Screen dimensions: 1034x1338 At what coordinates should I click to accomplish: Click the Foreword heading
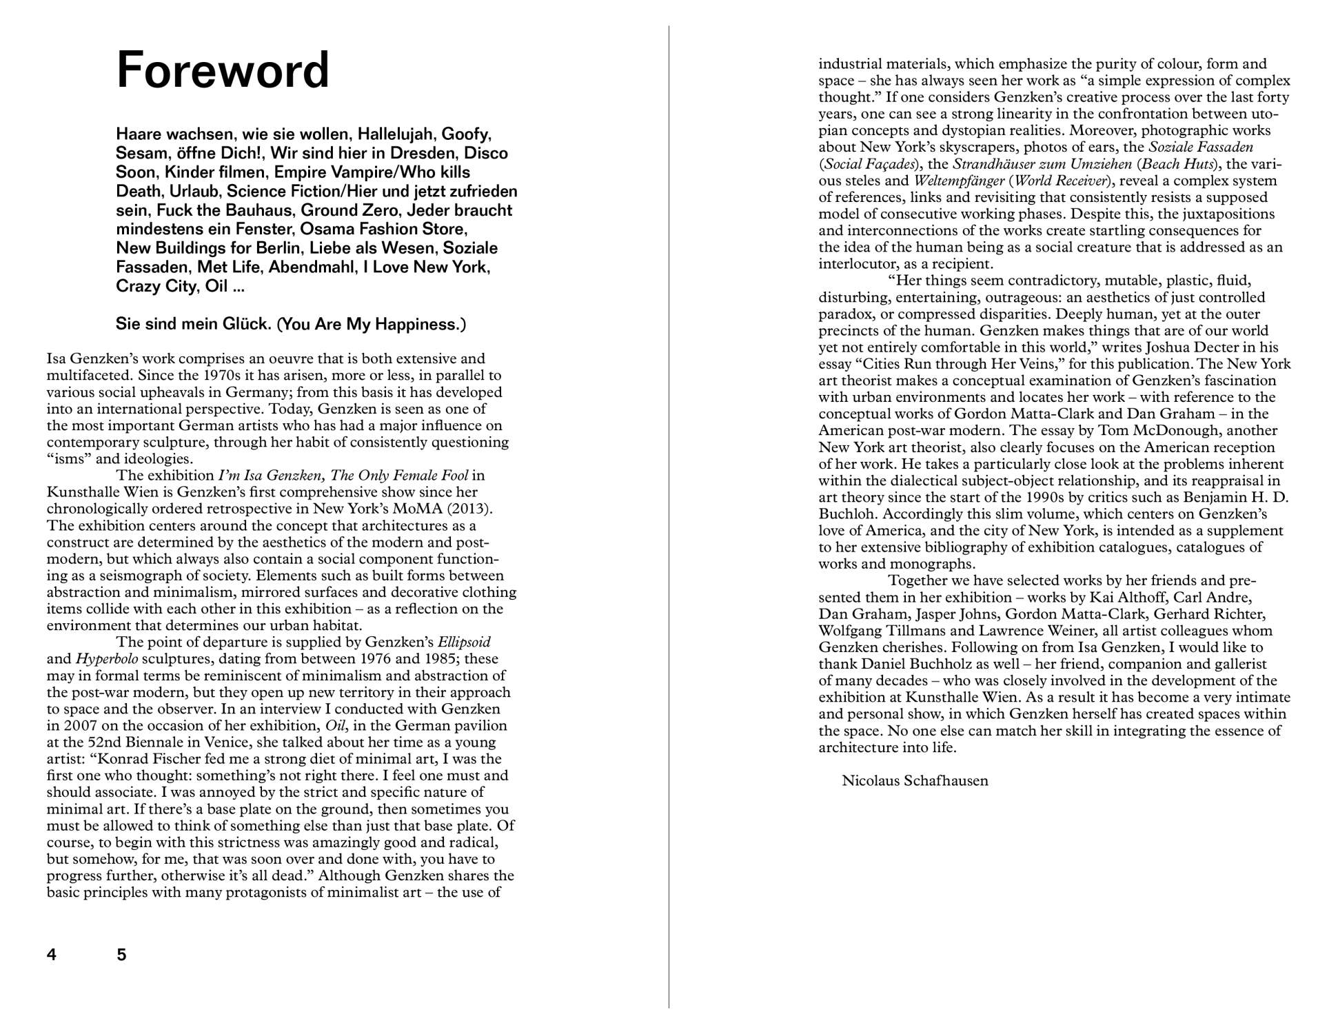click(x=223, y=71)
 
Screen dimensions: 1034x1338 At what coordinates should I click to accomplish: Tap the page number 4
click(x=52, y=955)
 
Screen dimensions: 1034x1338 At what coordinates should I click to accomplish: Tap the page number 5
click(x=122, y=955)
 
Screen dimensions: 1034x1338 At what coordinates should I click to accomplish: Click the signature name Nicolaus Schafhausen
click(x=915, y=781)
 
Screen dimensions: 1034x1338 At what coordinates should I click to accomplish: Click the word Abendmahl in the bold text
click(x=312, y=267)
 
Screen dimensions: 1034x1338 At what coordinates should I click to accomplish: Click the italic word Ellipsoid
click(x=464, y=642)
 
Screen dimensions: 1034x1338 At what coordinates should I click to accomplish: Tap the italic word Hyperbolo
click(x=107, y=659)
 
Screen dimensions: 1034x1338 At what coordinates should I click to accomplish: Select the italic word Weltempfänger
click(x=959, y=181)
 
